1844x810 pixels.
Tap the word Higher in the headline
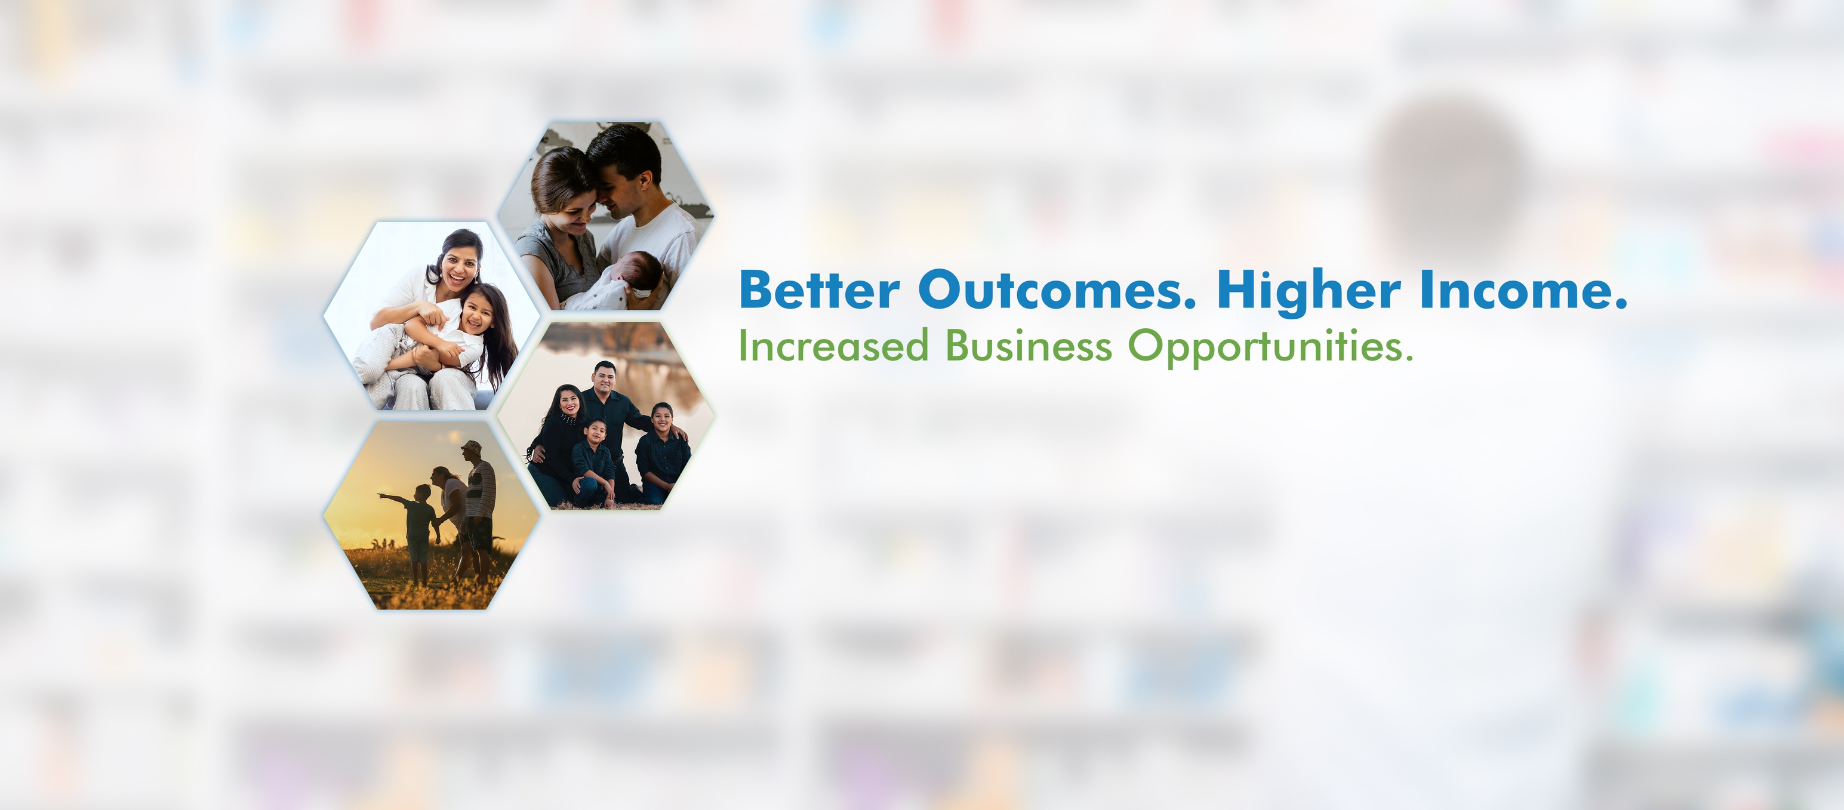pos(1309,293)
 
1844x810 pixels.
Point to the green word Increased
pos(833,346)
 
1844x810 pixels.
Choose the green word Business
pos(1029,346)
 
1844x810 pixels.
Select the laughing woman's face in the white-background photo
pos(460,270)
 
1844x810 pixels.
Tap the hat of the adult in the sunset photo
pos(472,446)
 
